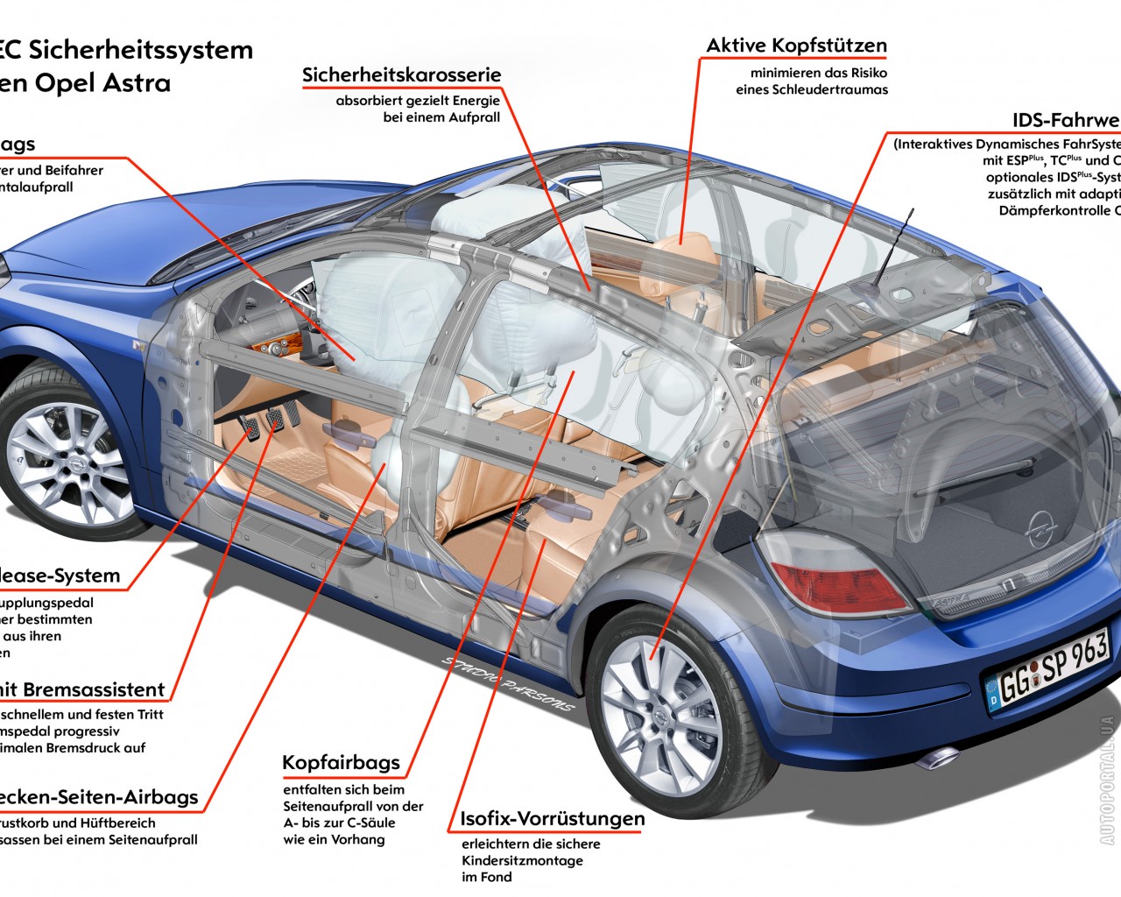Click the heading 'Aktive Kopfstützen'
[796, 46]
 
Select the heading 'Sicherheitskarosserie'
[401, 75]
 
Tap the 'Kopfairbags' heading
[341, 763]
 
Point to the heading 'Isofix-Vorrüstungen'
[552, 820]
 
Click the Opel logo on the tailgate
[1039, 530]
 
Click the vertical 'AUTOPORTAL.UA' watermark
[1107, 780]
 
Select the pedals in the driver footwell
[261, 422]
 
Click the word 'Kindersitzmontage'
[522, 861]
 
